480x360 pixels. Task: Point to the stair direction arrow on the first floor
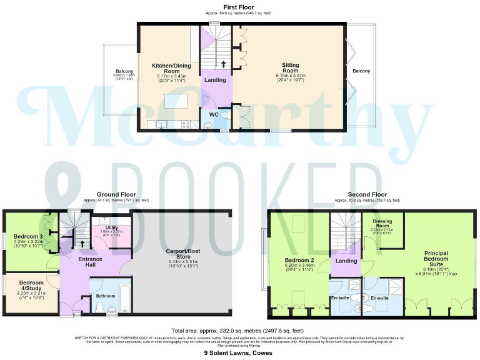[x=223, y=63]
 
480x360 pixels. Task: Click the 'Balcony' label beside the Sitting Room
[x=361, y=71]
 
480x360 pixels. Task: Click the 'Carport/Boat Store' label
[x=182, y=254]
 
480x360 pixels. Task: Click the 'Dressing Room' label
[x=382, y=224]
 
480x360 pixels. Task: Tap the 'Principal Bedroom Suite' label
[x=431, y=257]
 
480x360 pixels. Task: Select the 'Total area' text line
[x=237, y=330]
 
